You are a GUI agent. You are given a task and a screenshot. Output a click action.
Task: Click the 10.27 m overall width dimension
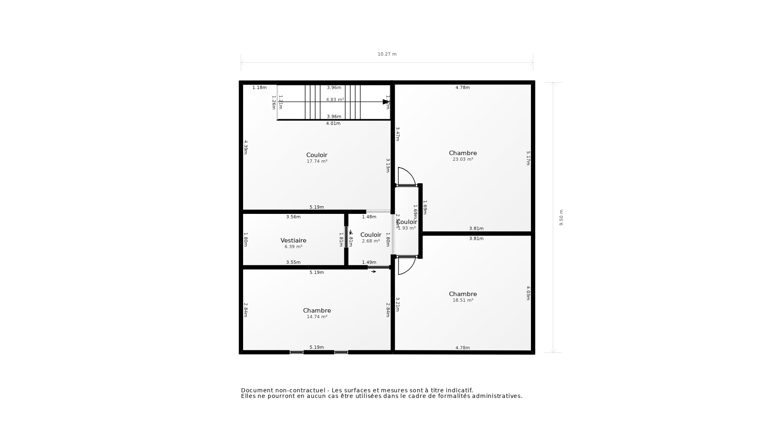tap(387, 54)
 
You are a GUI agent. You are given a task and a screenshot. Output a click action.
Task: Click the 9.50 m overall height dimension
tap(561, 217)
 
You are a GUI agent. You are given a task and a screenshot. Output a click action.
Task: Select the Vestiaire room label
tap(293, 240)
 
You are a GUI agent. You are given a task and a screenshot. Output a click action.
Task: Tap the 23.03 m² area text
tap(463, 159)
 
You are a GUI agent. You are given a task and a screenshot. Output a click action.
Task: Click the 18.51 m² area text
tap(463, 300)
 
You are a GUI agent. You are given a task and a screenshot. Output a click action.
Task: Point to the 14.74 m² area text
tap(317, 317)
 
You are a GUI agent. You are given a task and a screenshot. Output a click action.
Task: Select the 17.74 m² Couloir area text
tap(317, 161)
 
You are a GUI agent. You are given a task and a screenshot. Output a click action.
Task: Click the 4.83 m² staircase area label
tap(335, 99)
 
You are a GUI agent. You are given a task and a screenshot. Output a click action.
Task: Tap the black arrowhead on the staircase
tap(385, 102)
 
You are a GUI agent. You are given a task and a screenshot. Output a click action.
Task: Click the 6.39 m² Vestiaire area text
tap(293, 246)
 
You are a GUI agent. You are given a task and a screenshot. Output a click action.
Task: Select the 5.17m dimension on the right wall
tap(528, 158)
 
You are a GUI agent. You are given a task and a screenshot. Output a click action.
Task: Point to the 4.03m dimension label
tap(528, 293)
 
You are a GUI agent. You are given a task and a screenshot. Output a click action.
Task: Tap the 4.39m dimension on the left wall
tap(246, 147)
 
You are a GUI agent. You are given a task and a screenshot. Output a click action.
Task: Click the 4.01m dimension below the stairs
tap(333, 123)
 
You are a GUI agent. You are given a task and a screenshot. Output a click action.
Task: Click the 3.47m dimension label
tap(397, 134)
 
